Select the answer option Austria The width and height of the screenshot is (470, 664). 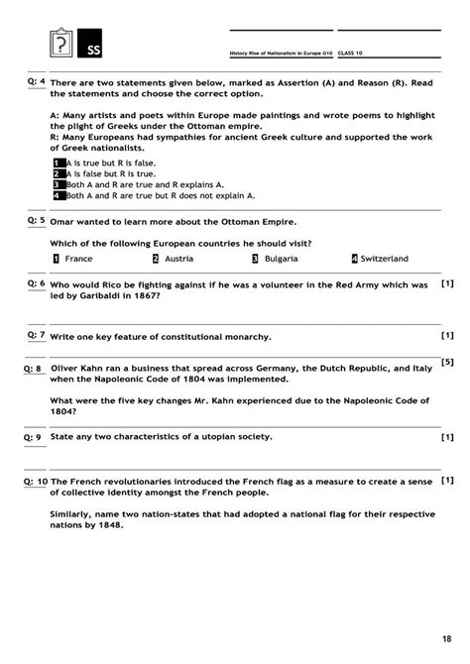coord(178,259)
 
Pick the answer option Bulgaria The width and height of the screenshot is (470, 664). coord(284,259)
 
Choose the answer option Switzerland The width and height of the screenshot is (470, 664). coord(385,259)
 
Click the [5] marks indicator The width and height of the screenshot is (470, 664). coord(447,363)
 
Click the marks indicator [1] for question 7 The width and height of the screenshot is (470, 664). coord(447,335)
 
